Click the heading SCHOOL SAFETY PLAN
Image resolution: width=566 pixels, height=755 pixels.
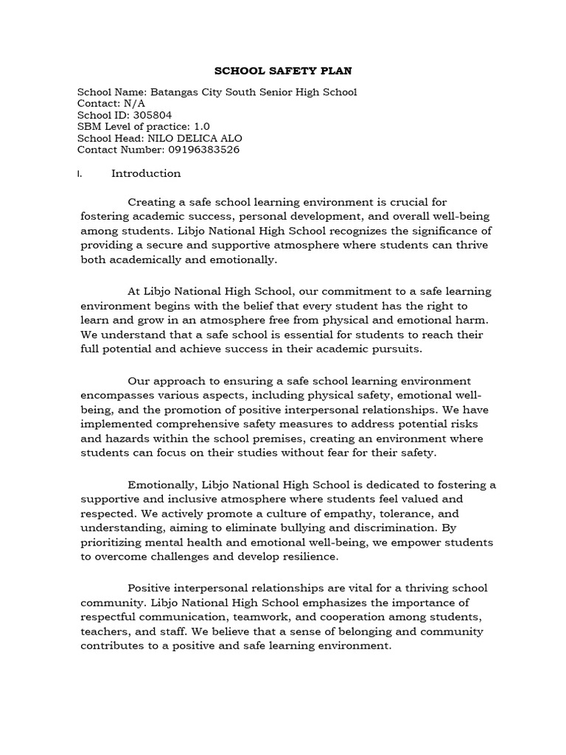click(283, 72)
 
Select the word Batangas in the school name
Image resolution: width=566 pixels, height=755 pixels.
click(173, 92)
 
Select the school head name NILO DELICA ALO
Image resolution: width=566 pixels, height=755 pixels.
click(195, 139)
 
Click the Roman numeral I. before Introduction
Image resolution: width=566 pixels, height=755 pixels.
click(80, 174)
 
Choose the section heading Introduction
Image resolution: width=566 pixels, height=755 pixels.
click(146, 174)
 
